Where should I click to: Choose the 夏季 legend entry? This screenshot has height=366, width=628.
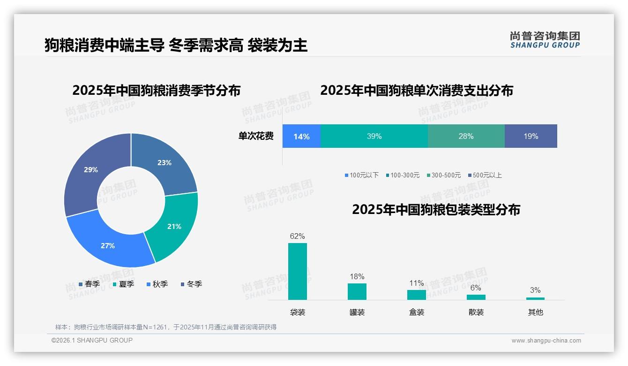pos(124,284)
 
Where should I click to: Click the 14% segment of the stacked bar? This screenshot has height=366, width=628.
pos(301,137)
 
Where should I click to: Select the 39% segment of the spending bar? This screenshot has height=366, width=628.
pos(374,137)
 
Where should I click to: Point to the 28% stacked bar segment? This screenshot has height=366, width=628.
pos(466,137)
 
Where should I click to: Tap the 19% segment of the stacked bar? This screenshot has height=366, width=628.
pos(531,137)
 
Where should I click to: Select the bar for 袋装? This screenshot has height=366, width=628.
pos(298,271)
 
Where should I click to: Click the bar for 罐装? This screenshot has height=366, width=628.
pos(357,291)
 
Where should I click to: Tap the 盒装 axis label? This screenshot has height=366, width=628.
pos(417,312)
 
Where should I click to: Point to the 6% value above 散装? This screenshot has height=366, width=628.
pos(476,288)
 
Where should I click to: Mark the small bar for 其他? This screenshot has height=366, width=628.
pos(535,298)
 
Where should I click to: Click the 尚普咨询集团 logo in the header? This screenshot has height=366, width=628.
pos(545,40)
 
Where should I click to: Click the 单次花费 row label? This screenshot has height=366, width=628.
pos(256,137)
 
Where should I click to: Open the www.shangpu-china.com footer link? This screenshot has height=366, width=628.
pos(546,341)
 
